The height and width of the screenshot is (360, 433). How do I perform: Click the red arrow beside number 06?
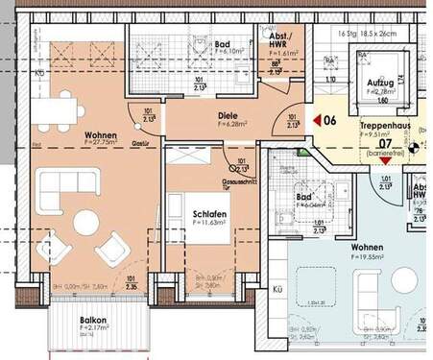[314, 121]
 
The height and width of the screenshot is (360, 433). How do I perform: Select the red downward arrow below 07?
[386, 162]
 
